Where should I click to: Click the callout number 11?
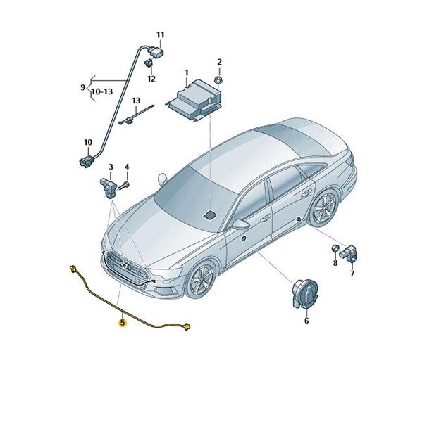click(161, 35)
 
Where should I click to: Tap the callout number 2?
click(219, 62)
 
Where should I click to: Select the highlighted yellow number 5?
click(123, 323)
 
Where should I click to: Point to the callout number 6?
click(306, 321)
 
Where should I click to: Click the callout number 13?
click(136, 101)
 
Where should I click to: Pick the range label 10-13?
click(102, 91)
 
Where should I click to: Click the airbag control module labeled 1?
click(194, 100)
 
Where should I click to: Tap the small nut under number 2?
click(219, 79)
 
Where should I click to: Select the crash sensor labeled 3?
click(108, 187)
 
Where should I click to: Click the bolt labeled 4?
click(124, 186)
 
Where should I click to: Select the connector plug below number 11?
click(157, 53)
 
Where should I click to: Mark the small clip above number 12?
click(149, 63)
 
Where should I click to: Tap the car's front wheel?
click(201, 279)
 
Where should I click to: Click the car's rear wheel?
click(323, 207)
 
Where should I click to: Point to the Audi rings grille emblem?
click(125, 265)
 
